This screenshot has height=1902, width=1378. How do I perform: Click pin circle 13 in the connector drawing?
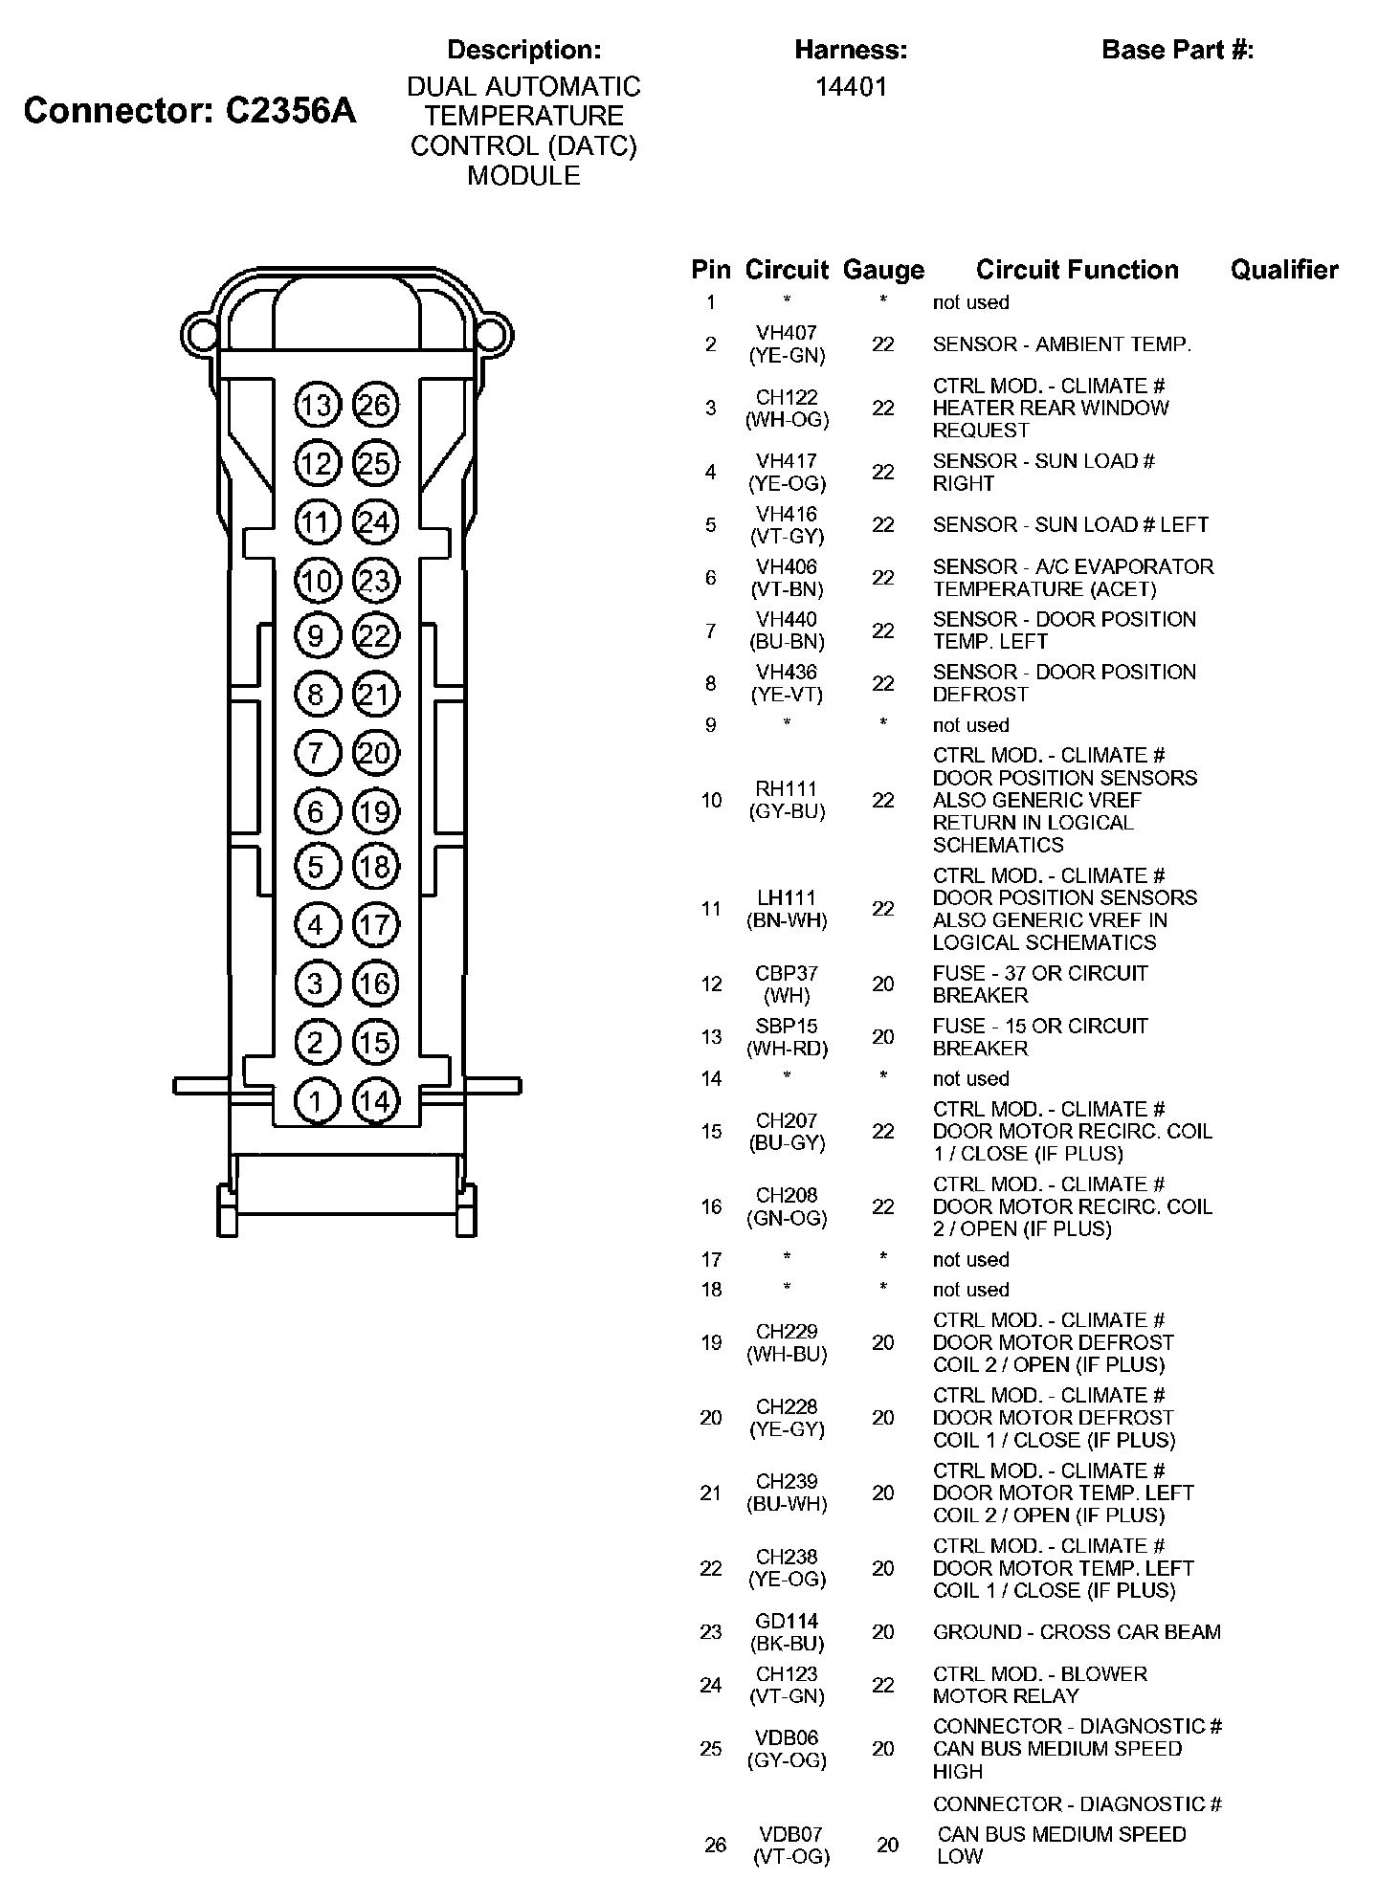tap(316, 406)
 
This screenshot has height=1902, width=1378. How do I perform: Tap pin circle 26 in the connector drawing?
tap(375, 406)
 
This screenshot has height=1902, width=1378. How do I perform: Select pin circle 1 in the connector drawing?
tap(316, 1101)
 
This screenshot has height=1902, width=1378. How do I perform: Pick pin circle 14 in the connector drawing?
tap(375, 1101)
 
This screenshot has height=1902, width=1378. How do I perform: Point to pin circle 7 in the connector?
tap(316, 753)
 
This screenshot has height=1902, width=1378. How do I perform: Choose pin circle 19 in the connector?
tap(375, 812)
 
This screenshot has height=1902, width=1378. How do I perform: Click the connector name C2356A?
tap(290, 111)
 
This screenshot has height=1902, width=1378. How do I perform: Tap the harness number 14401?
tap(851, 87)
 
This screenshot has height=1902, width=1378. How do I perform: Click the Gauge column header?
tap(883, 271)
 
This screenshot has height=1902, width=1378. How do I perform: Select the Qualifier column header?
tap(1284, 271)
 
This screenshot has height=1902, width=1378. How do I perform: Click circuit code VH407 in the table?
tap(787, 333)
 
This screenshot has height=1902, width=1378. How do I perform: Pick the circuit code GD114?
tap(787, 1621)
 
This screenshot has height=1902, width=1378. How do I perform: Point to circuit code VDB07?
tap(790, 1834)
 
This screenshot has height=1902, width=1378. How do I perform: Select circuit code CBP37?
tap(787, 973)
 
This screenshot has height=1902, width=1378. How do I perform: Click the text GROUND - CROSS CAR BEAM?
tap(1077, 1632)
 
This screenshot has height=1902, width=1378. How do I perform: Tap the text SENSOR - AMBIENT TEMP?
tap(1062, 344)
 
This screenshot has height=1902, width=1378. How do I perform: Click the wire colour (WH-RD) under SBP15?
tap(787, 1049)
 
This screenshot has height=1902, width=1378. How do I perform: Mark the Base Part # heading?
tap(1177, 50)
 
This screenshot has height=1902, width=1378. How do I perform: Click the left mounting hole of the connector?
tap(202, 334)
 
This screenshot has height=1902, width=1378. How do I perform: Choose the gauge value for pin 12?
tap(883, 984)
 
